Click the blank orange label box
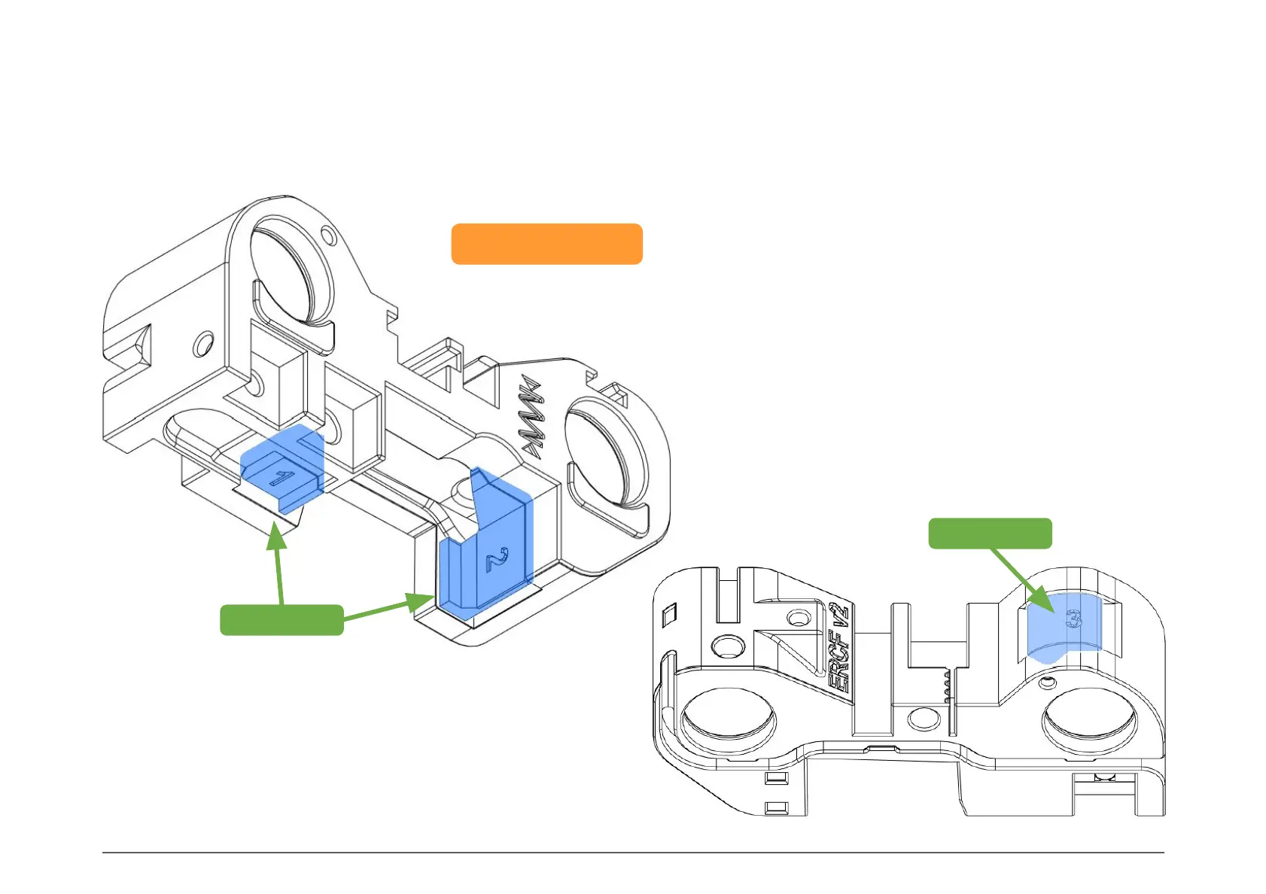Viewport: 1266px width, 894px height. [546, 244]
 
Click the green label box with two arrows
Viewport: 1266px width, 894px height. [282, 619]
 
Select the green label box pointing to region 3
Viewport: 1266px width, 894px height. [990, 533]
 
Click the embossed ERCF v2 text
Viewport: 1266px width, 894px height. [838, 647]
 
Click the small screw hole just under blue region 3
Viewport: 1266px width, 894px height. [1045, 683]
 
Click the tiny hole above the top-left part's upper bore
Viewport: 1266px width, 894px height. [326, 234]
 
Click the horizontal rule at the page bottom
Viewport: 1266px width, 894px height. [632, 853]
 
